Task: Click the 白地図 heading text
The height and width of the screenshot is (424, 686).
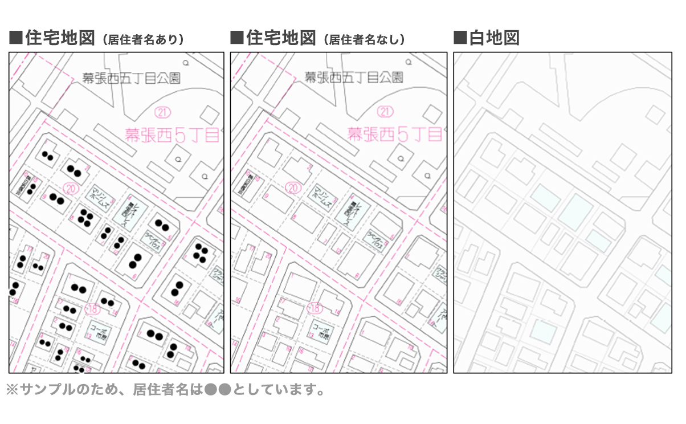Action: coord(495,38)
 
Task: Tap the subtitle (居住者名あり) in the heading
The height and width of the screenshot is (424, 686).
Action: coord(143,40)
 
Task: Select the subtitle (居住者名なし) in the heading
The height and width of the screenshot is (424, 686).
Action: coord(365,40)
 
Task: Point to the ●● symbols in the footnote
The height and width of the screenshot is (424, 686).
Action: coord(217,390)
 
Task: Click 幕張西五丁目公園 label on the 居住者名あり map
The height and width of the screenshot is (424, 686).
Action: coord(131,78)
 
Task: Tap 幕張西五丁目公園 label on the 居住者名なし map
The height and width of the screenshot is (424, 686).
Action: coord(354,78)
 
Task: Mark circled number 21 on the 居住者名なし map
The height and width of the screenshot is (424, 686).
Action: coord(386,111)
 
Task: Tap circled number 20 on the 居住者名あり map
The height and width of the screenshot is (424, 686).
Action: coord(71,187)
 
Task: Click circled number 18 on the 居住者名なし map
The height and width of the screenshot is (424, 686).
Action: coord(314,309)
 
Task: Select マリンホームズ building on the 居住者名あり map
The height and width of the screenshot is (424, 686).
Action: coord(100,197)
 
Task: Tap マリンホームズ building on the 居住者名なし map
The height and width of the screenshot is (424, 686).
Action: coord(322,197)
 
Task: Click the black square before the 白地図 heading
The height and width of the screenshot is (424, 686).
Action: coord(460,38)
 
